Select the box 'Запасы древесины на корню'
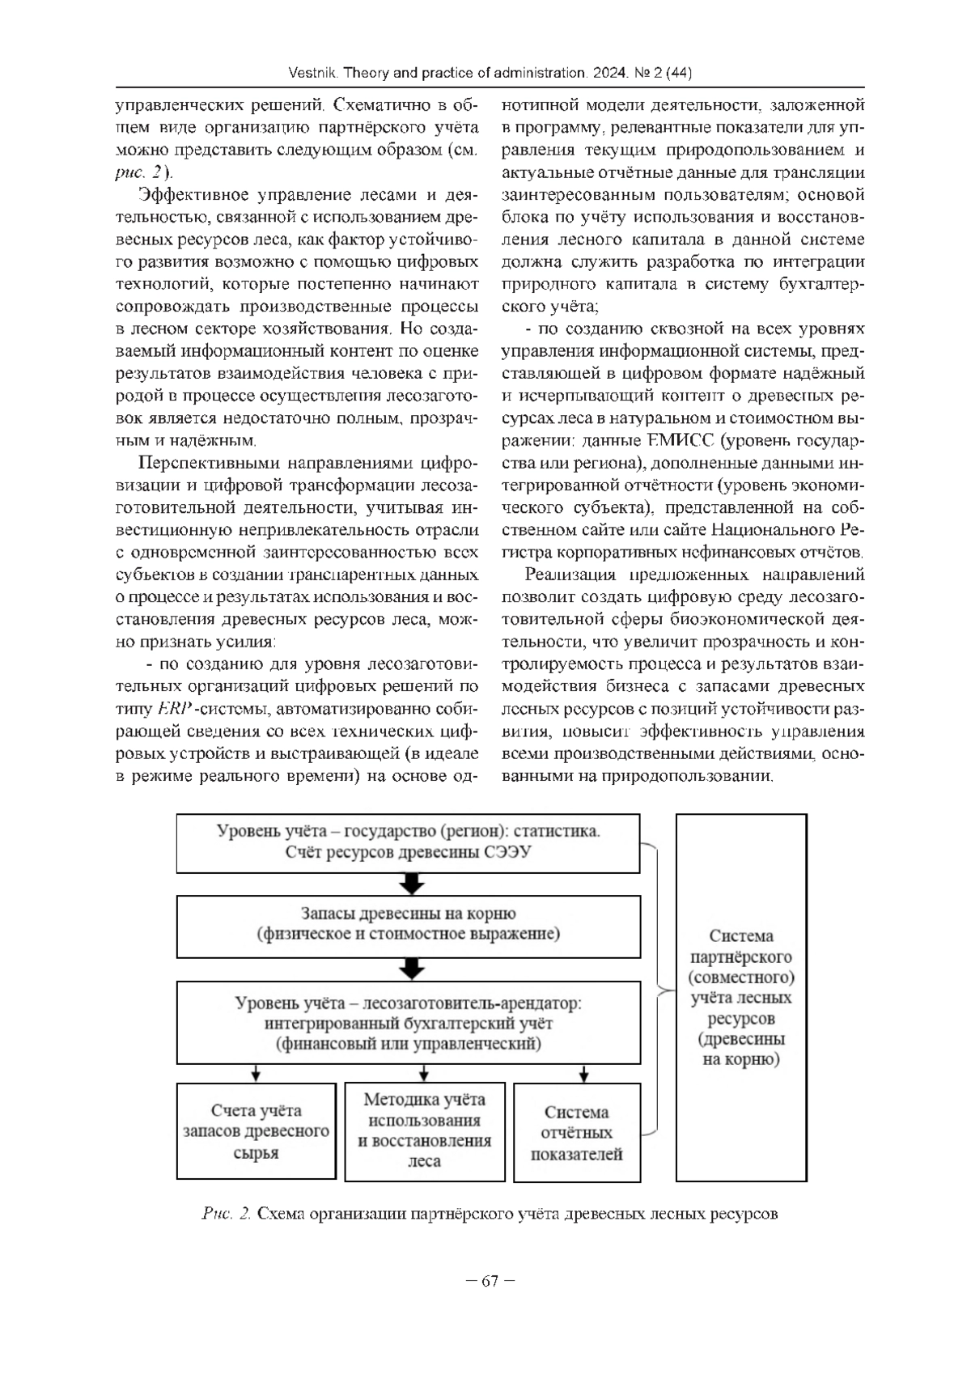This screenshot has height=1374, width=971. pyautogui.click(x=409, y=926)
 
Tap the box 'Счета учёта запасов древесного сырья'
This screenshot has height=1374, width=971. pyautogui.click(x=256, y=1131)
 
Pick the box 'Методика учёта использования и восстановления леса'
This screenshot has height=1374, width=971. pyautogui.click(x=425, y=1131)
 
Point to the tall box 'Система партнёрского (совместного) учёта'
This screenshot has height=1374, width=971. pyautogui.click(x=741, y=997)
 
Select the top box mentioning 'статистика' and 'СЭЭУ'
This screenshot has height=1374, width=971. pyautogui.click(x=409, y=843)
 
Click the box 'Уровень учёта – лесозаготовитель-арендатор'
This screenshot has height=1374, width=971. pyautogui.click(x=409, y=1023)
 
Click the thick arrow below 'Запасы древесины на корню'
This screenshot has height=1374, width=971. pyautogui.click(x=413, y=969)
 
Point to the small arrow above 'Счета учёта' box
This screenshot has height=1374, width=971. pyautogui.click(x=256, y=1074)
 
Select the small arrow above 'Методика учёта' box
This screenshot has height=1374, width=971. pyautogui.click(x=424, y=1074)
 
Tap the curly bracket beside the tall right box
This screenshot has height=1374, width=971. pyautogui.click(x=657, y=989)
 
